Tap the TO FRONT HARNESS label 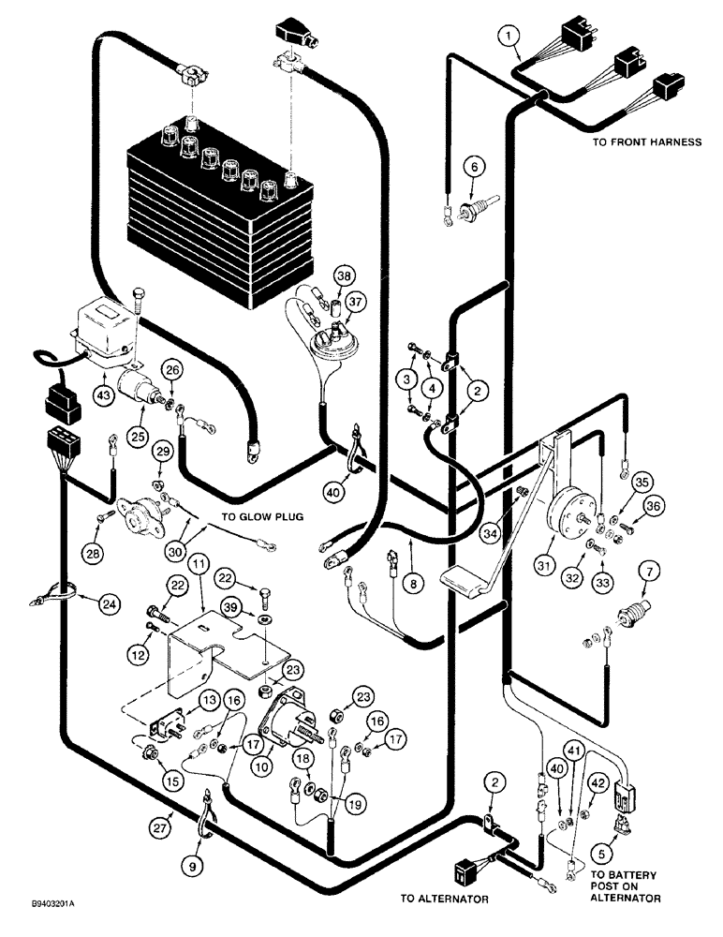point(646,142)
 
